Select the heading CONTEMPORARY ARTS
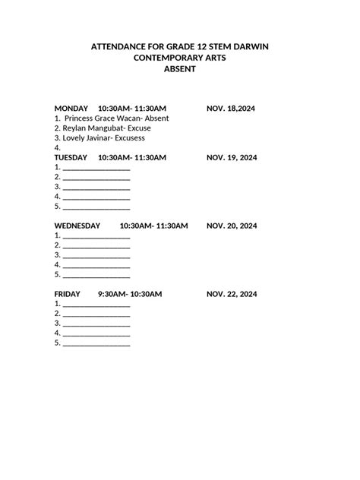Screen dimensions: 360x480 point(179,58)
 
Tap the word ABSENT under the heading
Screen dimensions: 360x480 point(180,69)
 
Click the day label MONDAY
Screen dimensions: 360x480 point(71,109)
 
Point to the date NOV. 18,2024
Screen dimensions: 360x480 point(231,109)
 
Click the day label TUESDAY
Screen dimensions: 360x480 point(71,157)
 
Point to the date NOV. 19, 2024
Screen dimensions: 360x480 point(232,157)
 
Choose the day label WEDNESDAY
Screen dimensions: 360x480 point(77,226)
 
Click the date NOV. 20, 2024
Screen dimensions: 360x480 point(232,226)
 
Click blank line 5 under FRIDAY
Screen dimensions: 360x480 point(96,343)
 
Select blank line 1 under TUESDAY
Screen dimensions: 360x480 point(96,168)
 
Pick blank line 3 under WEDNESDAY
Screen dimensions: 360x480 point(96,256)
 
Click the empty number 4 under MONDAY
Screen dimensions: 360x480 point(57,148)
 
